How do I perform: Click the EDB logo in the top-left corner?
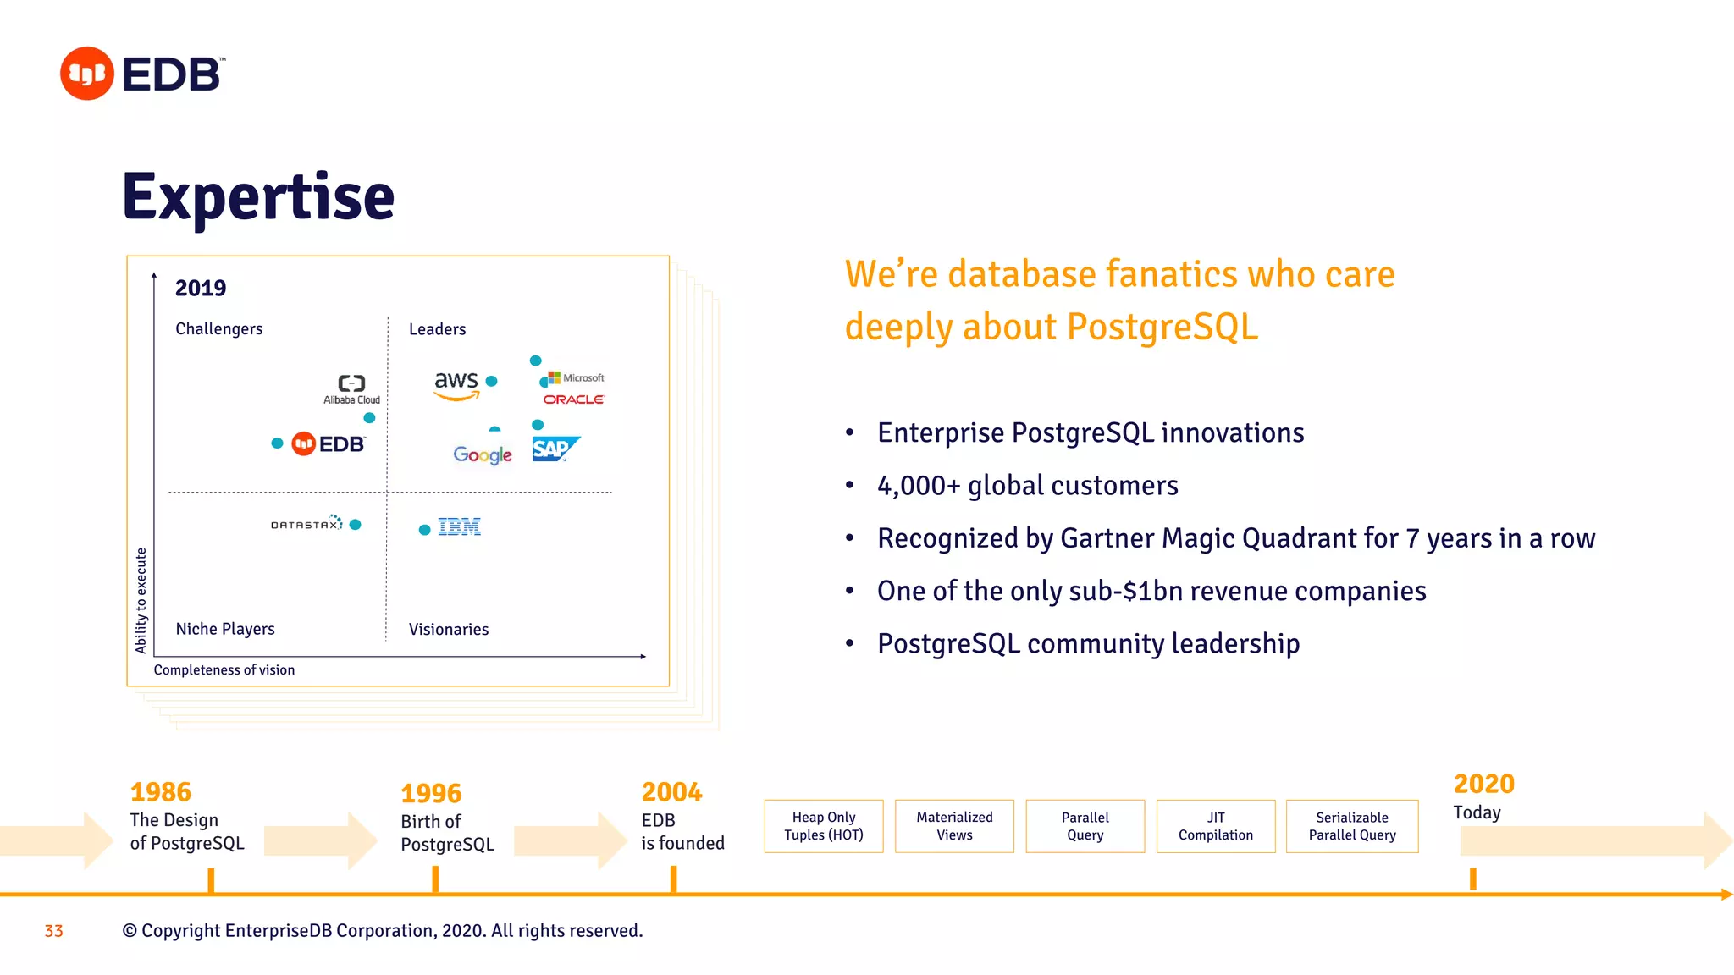(142, 74)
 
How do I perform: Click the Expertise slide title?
(258, 197)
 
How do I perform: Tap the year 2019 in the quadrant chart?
(201, 289)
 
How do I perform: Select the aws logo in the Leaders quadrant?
(456, 384)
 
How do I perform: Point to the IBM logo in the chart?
(459, 527)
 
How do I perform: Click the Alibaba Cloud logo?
(352, 389)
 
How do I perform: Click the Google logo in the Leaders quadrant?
(483, 455)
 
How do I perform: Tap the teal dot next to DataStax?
(356, 525)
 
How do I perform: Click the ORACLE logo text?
(574, 399)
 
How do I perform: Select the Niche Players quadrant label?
(225, 629)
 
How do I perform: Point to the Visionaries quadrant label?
(449, 630)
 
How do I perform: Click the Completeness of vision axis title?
(224, 669)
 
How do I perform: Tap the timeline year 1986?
(161, 792)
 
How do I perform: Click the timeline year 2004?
(671, 792)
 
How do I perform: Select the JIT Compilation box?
(1216, 826)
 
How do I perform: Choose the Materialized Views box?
(954, 826)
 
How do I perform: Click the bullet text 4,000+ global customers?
(1028, 486)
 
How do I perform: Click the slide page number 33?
(54, 931)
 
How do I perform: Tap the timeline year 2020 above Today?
(1483, 784)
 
